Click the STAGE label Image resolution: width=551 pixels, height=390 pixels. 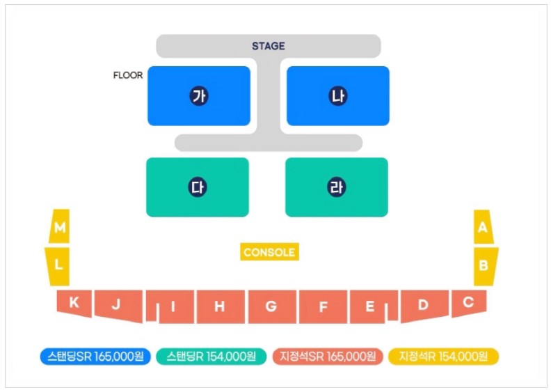[x=269, y=46]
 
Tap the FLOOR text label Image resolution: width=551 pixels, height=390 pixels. [x=128, y=75]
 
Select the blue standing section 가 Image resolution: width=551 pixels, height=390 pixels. [x=199, y=96]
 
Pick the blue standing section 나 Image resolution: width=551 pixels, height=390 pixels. [x=338, y=96]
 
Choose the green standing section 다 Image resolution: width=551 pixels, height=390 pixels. [x=198, y=187]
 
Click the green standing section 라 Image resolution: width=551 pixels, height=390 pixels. [x=337, y=187]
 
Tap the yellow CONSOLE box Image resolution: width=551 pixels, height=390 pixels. [x=269, y=252]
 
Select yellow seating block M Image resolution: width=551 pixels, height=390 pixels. [x=61, y=227]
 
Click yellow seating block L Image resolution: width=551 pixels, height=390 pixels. [x=59, y=265]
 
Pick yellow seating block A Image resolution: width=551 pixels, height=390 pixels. [x=483, y=227]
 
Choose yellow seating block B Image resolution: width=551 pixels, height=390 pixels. [x=484, y=265]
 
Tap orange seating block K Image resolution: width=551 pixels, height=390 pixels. [x=74, y=303]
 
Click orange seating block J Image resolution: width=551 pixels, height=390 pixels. [x=117, y=304]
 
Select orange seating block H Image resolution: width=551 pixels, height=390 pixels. [x=220, y=306]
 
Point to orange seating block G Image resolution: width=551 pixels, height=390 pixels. [x=271, y=306]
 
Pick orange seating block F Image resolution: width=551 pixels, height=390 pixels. [x=323, y=306]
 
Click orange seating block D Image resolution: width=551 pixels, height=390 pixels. [x=423, y=304]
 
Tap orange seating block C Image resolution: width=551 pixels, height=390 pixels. [x=468, y=302]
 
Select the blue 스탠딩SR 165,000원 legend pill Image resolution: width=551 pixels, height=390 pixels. [x=95, y=356]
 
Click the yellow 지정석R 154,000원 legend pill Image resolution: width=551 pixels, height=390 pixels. [x=443, y=356]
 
